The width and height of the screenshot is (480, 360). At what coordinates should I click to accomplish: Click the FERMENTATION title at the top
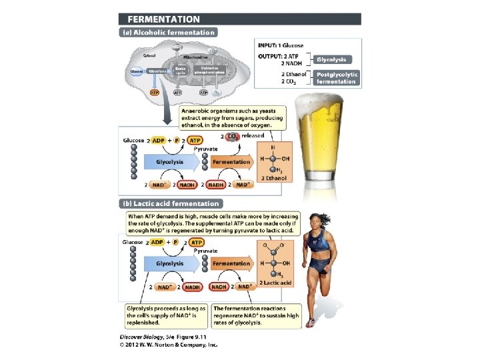(x=159, y=19)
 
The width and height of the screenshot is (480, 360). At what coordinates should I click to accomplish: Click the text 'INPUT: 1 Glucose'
(x=284, y=45)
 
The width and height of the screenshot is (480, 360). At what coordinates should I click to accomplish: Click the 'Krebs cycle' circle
(x=180, y=71)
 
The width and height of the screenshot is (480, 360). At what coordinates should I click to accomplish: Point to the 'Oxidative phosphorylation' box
(x=209, y=71)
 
